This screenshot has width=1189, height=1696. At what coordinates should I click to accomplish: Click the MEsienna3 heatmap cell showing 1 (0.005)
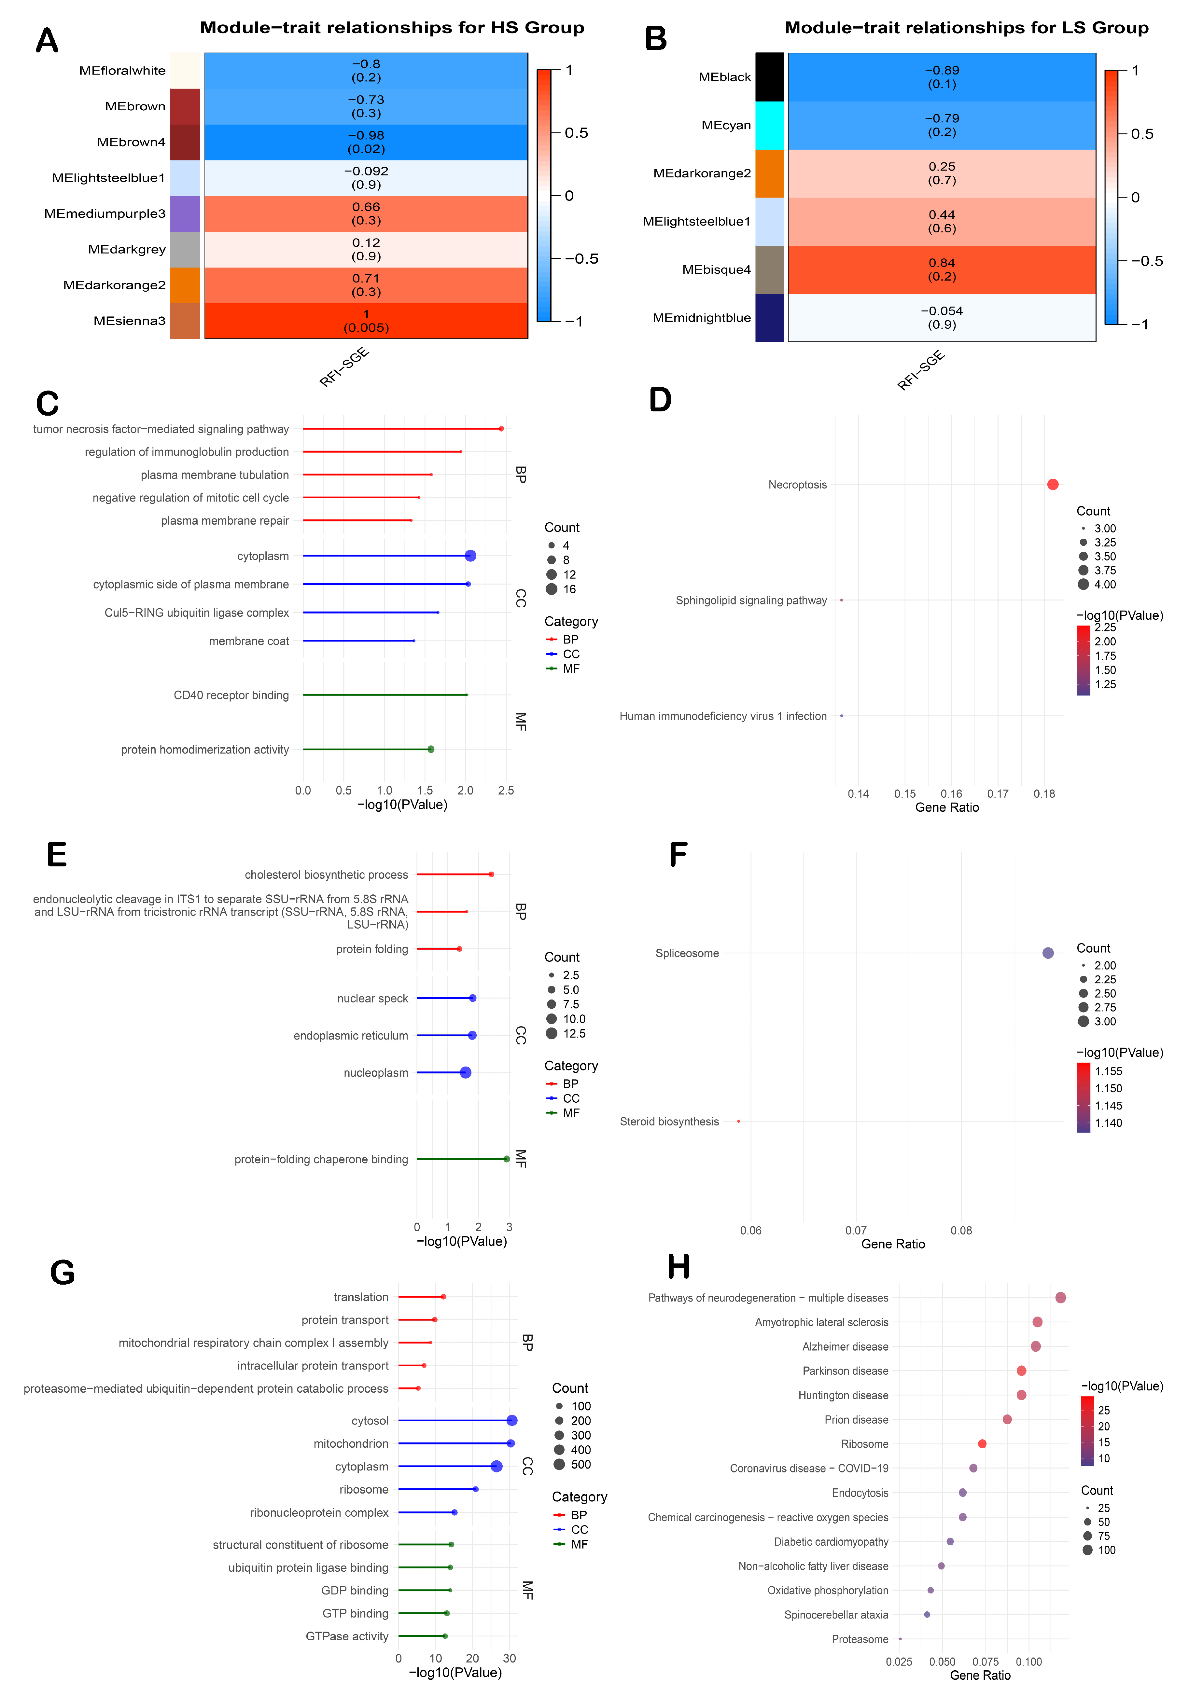pos(366,321)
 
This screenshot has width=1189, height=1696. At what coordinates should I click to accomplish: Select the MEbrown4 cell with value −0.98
pos(366,142)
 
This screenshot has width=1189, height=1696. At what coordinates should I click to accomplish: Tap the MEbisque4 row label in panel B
pos(716,269)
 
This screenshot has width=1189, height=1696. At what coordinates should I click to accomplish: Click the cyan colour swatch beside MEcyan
pos(769,126)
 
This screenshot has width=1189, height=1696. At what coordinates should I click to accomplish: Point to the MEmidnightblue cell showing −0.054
pos(942,318)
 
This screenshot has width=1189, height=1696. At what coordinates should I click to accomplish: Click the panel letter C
pos(47,404)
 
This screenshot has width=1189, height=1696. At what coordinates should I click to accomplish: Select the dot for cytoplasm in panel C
pos(470,556)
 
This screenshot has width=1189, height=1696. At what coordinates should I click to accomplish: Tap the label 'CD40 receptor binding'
pos(231,695)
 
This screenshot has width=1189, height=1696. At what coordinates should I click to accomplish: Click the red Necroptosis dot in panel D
pos(1052,485)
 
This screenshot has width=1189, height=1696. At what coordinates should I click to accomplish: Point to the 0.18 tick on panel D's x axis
pos(1044,794)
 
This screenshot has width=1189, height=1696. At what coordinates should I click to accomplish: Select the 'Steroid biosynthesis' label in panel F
pos(669,1121)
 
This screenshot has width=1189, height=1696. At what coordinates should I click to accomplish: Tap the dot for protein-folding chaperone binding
pos(506,1159)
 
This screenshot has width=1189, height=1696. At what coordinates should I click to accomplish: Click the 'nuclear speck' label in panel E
pos(372,999)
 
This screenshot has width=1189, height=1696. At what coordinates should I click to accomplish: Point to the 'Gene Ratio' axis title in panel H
pos(980,1675)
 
